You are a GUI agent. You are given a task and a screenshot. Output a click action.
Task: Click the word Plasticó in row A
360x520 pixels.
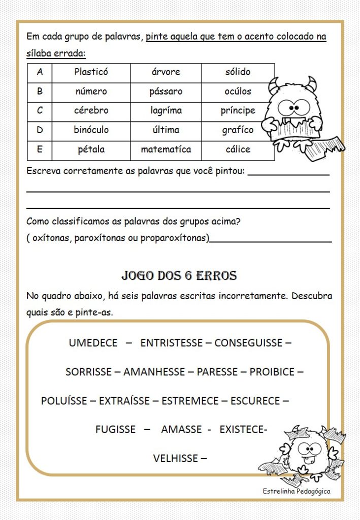91,72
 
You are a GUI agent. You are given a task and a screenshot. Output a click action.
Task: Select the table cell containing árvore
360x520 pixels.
166,72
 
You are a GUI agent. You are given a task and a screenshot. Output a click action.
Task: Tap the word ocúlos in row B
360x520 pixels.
238,91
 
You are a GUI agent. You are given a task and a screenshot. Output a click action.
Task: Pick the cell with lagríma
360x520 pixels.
166,111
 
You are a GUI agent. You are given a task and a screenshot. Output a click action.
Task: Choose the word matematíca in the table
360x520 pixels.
166,149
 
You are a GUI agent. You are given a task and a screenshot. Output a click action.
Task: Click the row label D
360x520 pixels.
40,130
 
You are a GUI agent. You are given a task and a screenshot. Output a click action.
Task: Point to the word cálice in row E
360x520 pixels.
238,149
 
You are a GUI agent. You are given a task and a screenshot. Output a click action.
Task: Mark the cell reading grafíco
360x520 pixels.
238,130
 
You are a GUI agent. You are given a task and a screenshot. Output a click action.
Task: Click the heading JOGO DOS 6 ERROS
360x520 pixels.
179,276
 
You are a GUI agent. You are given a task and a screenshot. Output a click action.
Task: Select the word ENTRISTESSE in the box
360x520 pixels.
171,343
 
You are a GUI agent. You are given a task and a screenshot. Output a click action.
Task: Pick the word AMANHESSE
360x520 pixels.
154,372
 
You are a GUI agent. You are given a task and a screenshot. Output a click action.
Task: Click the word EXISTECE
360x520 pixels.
243,430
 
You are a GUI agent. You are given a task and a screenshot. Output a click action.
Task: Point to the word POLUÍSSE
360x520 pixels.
64,401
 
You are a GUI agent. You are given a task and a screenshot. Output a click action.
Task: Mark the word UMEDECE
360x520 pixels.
93,343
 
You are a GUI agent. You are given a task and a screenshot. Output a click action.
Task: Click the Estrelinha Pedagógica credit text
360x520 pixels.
297,491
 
